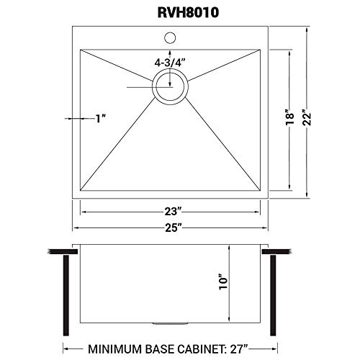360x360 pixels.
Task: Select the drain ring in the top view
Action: [171, 92]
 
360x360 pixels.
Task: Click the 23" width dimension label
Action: [171, 211]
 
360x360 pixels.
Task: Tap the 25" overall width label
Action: [171, 228]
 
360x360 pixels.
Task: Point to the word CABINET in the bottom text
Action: [217, 348]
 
